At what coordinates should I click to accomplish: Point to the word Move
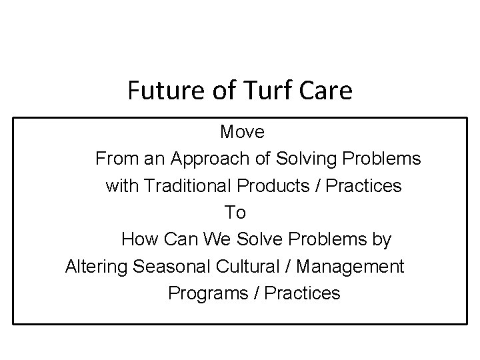[242, 132]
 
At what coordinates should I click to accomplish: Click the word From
[115, 159]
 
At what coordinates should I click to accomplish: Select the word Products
[273, 186]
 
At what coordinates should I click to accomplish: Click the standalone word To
[235, 213]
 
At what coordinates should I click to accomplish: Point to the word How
[137, 239]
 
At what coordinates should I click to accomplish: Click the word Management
[351, 267]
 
